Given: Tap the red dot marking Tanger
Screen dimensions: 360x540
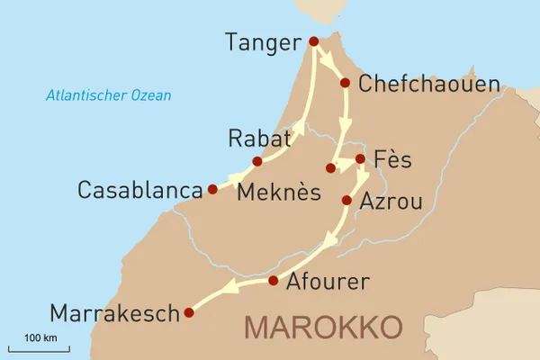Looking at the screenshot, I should click(313, 41).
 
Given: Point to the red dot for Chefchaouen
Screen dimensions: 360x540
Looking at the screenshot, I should click(345, 83).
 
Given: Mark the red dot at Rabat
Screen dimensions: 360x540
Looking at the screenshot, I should click(257, 162).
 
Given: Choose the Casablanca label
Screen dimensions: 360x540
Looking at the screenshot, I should click(139, 191).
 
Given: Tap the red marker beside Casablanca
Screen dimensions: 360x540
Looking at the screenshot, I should click(212, 190).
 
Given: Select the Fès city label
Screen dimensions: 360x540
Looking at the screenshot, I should click(392, 160).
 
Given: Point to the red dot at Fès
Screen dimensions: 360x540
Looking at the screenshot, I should click(360, 159).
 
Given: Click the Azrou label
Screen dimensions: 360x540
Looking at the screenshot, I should click(391, 202).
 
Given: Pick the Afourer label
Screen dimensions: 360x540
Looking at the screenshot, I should click(327, 282).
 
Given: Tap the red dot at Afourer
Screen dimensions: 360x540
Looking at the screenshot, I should click(274, 282).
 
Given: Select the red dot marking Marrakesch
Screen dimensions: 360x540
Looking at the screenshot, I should click(189, 313).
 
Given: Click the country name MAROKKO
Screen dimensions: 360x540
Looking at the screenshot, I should click(324, 327).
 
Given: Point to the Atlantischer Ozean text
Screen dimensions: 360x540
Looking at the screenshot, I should click(109, 94).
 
